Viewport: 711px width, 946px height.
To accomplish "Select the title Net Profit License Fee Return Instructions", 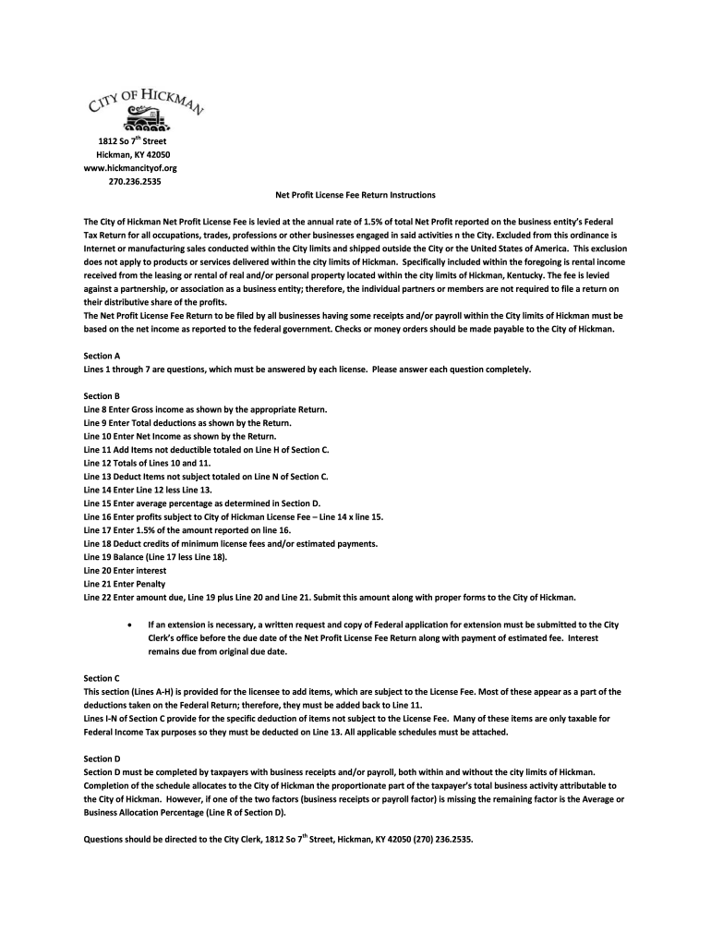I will (x=355, y=196).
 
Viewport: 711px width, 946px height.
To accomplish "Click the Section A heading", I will (x=102, y=356).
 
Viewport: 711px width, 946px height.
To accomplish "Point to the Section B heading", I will (x=102, y=395).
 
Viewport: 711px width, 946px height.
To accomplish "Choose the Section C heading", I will (x=102, y=677).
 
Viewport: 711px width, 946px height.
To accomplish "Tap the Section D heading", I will (x=102, y=758).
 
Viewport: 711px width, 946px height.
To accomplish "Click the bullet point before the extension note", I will (x=127, y=625).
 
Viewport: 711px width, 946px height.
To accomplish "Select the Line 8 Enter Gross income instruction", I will (x=205, y=409).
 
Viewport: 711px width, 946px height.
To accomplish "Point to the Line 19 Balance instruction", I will (x=155, y=557).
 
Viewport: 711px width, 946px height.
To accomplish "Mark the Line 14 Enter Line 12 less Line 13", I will (x=148, y=490).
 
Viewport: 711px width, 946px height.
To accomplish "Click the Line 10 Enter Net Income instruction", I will (x=179, y=436).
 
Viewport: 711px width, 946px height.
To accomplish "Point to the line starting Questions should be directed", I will (x=278, y=840).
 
